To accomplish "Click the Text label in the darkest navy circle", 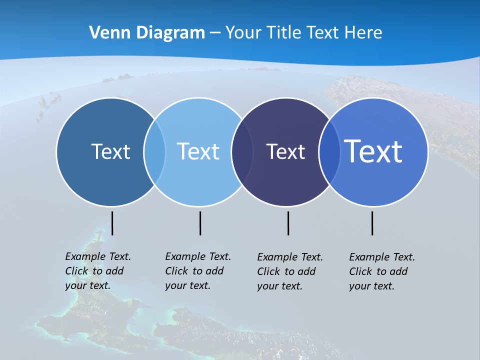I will coord(285,152).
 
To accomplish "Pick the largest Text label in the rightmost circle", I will coord(373,151).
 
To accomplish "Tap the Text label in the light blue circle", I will coord(198,151).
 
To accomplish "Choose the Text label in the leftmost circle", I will coord(110,151).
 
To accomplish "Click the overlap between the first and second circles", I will coord(154,152).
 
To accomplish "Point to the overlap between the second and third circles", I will coord(242,152).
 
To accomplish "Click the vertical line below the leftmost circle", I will coord(112,223).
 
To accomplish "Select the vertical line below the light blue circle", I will coord(200,223).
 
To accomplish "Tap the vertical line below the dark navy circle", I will coord(288,223).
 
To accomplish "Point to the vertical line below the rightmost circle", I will coord(372,223).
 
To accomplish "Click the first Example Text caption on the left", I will coord(97,271).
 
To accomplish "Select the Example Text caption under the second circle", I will coord(197,271).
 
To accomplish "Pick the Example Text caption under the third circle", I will coord(289,271).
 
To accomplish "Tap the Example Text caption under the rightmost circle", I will coord(381,271).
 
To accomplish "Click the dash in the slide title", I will coord(215,33).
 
